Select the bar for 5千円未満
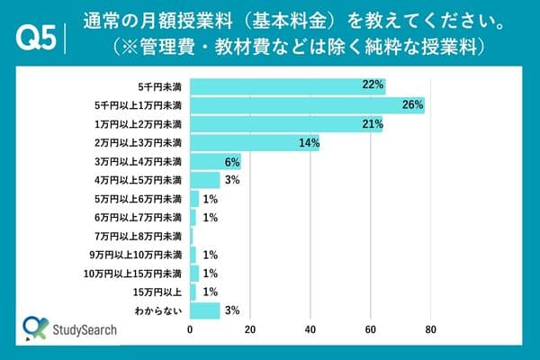287,86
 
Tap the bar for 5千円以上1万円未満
307,105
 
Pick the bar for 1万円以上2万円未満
286,124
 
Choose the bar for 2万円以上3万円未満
255,143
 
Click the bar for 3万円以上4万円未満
203,162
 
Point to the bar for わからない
205,310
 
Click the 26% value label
413,105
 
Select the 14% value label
310,143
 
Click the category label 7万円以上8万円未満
143,237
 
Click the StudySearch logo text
85,331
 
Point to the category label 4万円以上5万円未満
143,181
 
